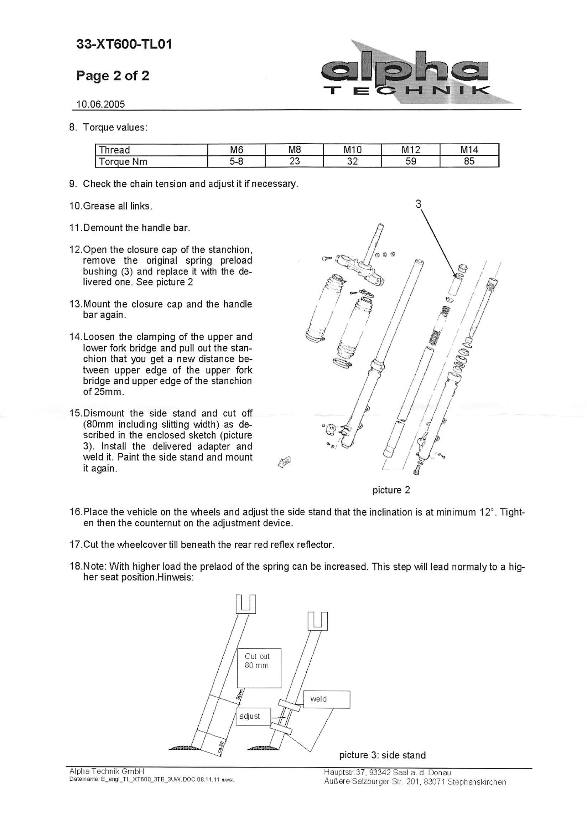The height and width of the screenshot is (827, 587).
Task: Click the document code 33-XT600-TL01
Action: [124, 45]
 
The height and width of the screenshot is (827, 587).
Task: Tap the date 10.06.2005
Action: [100, 104]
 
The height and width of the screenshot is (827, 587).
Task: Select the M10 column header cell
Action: [352, 150]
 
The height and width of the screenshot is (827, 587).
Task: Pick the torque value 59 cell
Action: [411, 161]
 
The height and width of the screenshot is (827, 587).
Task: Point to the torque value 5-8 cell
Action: [237, 161]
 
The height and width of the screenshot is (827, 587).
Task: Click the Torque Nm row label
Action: [123, 162]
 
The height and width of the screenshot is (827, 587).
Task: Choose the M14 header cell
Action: [469, 150]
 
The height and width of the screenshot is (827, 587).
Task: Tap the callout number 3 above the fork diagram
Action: [418, 204]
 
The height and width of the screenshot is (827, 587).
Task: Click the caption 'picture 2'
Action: [391, 490]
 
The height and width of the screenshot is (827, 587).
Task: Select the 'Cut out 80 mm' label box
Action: [259, 667]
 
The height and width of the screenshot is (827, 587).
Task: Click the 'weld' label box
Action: [326, 699]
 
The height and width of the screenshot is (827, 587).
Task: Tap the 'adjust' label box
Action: [253, 716]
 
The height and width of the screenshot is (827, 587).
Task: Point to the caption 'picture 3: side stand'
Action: [382, 755]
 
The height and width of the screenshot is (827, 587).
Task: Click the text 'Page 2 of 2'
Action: [113, 76]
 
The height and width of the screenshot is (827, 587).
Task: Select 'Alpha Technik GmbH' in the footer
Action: [107, 771]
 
